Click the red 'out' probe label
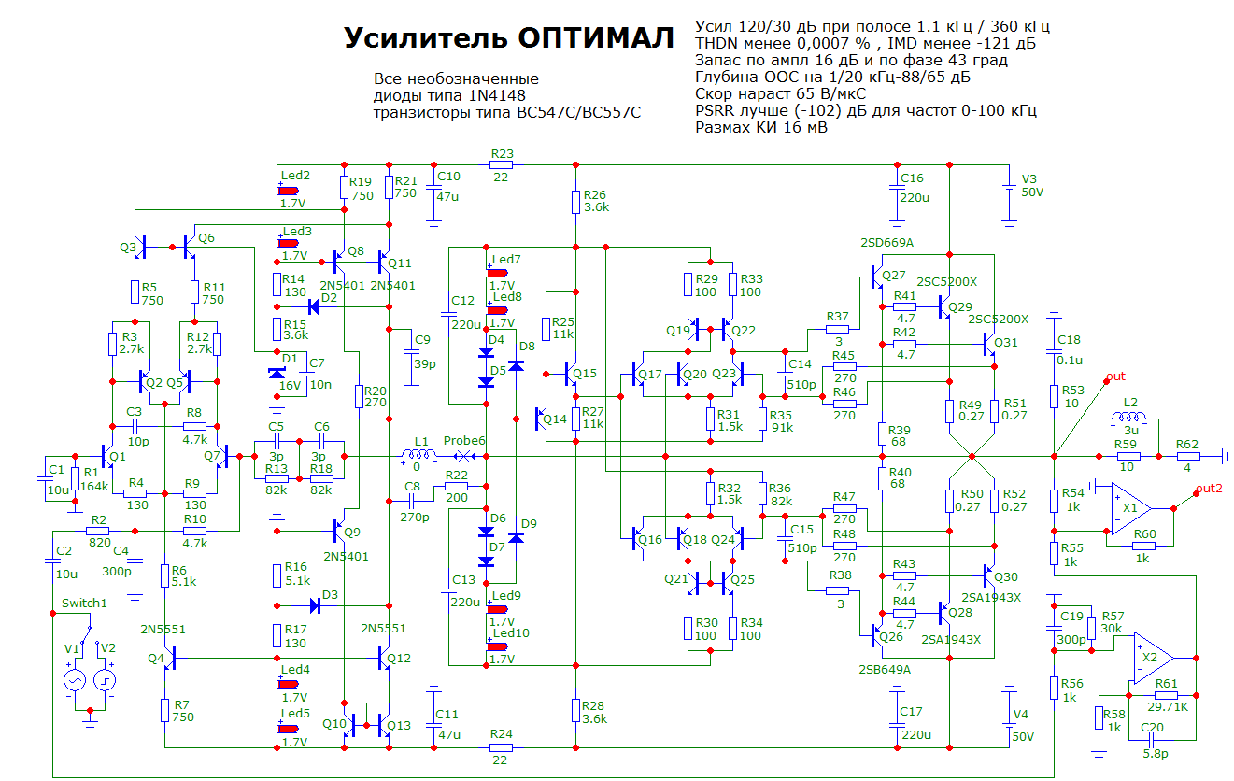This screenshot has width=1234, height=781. (x=1115, y=377)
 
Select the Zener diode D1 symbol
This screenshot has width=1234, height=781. (x=277, y=374)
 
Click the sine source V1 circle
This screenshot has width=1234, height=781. (x=73, y=681)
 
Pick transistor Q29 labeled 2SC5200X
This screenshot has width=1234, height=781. (x=943, y=305)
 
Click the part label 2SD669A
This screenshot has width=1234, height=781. (x=886, y=244)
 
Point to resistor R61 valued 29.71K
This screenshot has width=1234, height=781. (x=1166, y=695)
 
